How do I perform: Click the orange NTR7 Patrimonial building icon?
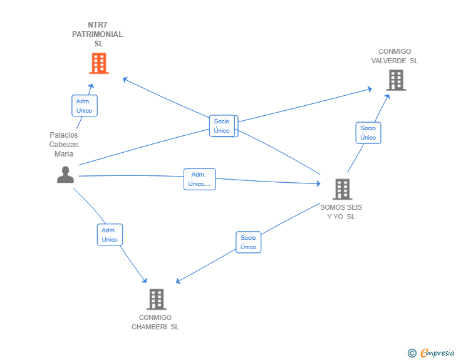99,63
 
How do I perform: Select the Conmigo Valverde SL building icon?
396,80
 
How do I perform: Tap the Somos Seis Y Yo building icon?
343,189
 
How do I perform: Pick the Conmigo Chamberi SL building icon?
157,299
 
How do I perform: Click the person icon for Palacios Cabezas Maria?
65,175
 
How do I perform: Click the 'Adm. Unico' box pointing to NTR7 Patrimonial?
85,106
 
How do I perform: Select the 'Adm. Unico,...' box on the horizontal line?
200,179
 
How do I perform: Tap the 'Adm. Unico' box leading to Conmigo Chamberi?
110,234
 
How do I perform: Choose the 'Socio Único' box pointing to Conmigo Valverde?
368,133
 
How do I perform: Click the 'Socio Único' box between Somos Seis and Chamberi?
248,242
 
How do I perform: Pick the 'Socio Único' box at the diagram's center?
224,126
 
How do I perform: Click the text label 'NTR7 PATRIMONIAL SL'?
98,34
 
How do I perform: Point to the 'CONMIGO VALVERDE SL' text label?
395,56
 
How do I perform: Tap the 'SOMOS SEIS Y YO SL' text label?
341,212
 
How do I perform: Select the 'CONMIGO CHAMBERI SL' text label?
155,322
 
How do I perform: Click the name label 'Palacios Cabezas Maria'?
64,144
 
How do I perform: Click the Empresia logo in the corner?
437,352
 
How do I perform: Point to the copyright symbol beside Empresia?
412,353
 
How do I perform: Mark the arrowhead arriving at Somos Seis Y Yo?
319,183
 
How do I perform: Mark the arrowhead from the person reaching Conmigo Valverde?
370,89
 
